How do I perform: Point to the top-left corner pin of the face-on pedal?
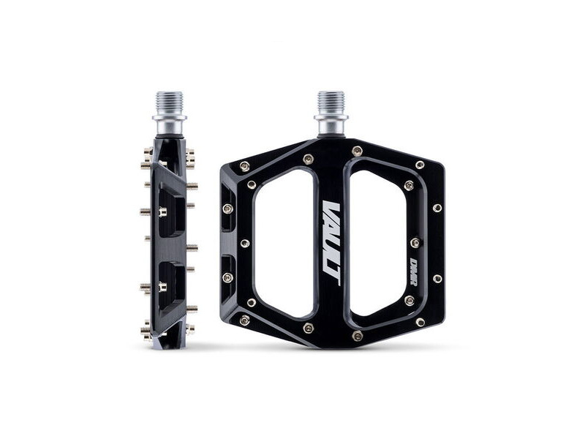(244, 167)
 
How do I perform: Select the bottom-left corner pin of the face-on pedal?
(244, 320)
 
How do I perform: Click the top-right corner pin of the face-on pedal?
(420, 165)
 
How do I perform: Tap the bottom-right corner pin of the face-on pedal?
(420, 322)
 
